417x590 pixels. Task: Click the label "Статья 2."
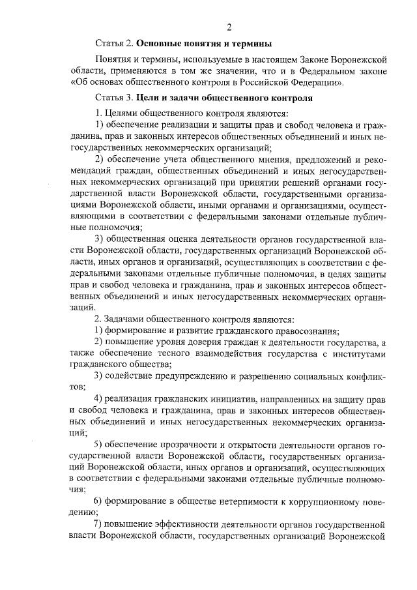115,44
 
